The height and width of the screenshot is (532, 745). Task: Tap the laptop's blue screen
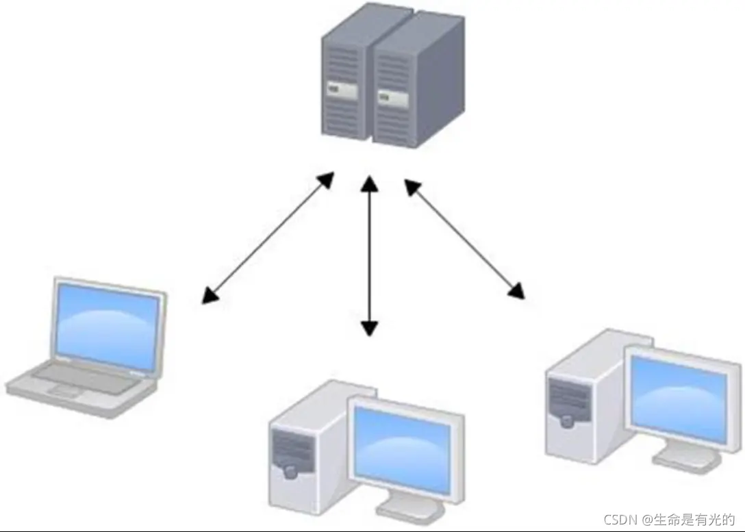108,327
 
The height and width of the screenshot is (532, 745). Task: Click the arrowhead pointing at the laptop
210,295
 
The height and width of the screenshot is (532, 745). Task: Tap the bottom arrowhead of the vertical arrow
370,328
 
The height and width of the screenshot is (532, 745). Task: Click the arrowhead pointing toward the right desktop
517,291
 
